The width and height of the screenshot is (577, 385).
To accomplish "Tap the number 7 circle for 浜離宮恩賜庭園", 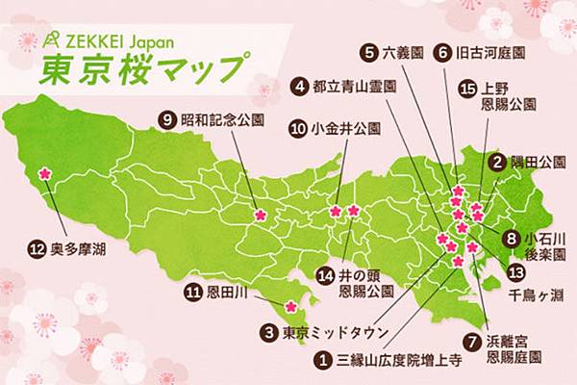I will [470, 340].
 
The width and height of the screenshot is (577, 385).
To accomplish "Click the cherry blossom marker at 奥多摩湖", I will [43, 175].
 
